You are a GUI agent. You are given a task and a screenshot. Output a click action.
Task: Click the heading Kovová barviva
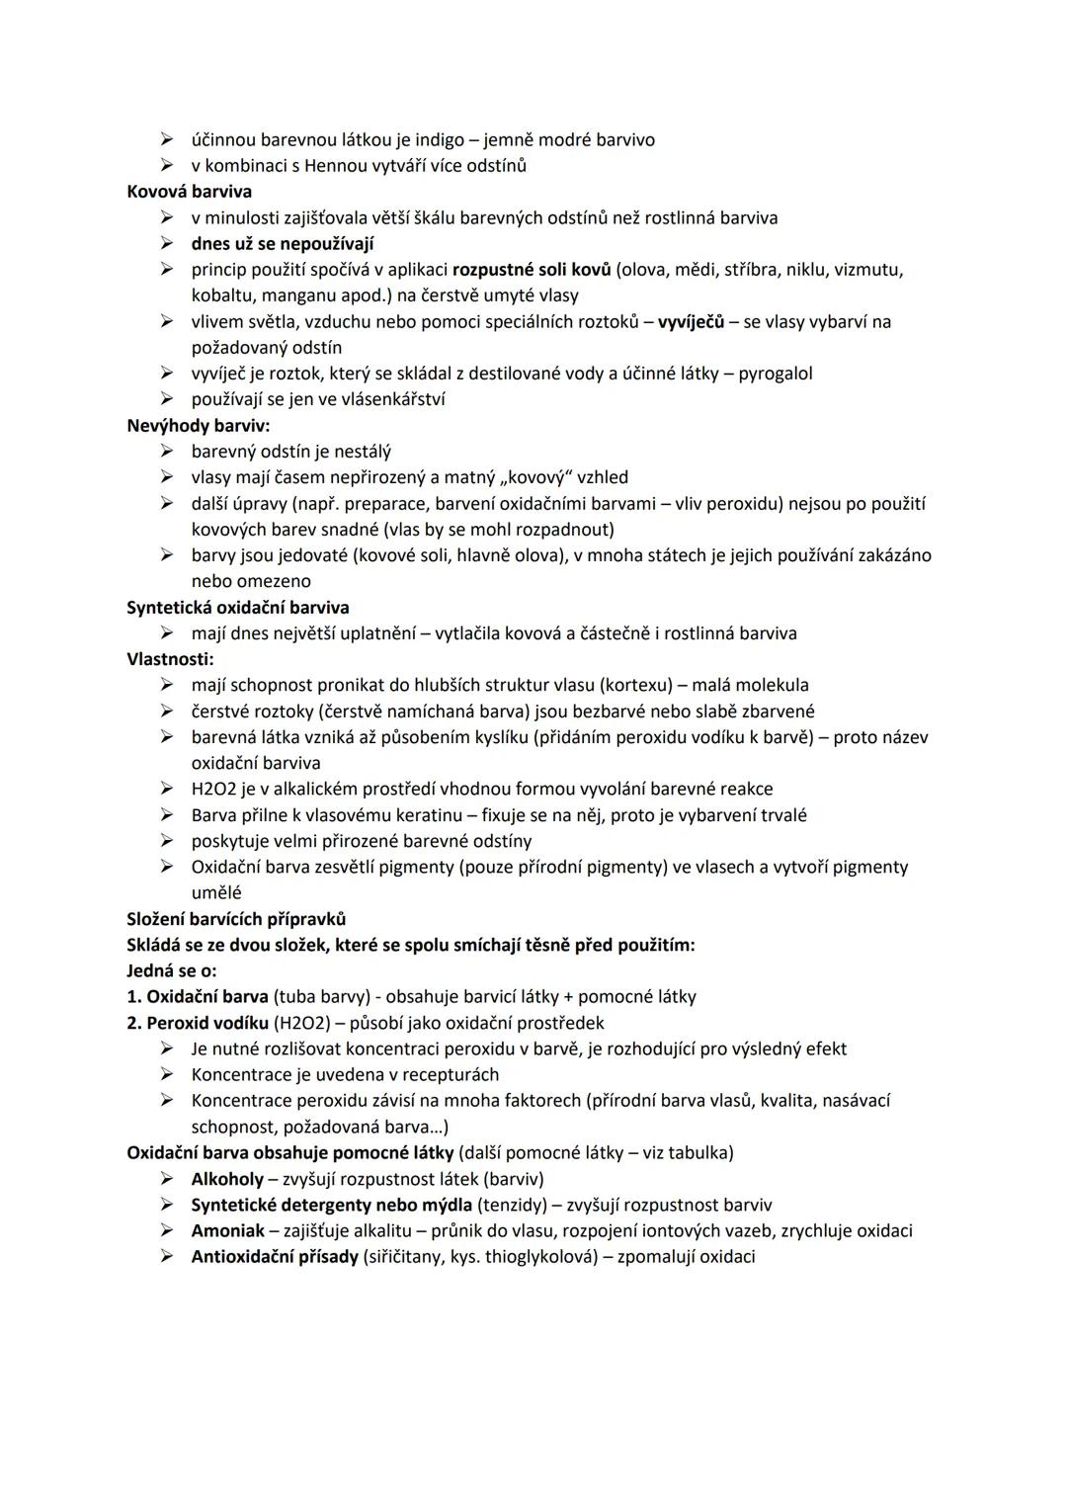[189, 192]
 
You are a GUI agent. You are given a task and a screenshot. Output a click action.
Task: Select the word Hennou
[334, 166]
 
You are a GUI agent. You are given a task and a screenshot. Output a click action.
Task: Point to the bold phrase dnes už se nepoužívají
[282, 244]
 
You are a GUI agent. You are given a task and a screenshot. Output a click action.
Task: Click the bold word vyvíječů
[691, 322]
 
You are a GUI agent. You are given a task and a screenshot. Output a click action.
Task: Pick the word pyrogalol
[776, 374]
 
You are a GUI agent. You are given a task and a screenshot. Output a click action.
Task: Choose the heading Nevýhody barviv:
[198, 426]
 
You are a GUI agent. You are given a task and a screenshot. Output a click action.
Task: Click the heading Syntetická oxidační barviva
[237, 608]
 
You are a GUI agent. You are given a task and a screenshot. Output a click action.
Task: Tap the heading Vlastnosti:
[170, 659]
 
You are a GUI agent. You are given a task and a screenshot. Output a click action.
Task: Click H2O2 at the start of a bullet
[213, 789]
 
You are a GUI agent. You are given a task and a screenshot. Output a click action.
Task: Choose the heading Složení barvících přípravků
[236, 919]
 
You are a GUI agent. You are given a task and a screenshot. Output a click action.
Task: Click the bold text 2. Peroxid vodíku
[198, 1023]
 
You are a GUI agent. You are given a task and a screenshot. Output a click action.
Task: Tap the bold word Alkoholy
[227, 1179]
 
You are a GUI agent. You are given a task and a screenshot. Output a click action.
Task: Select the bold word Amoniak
[227, 1230]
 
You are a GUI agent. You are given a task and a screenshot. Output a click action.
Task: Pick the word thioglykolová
[537, 1257]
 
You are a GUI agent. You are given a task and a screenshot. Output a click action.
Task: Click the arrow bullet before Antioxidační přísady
[168, 1257]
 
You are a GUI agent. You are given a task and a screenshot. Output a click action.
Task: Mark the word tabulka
[698, 1152]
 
